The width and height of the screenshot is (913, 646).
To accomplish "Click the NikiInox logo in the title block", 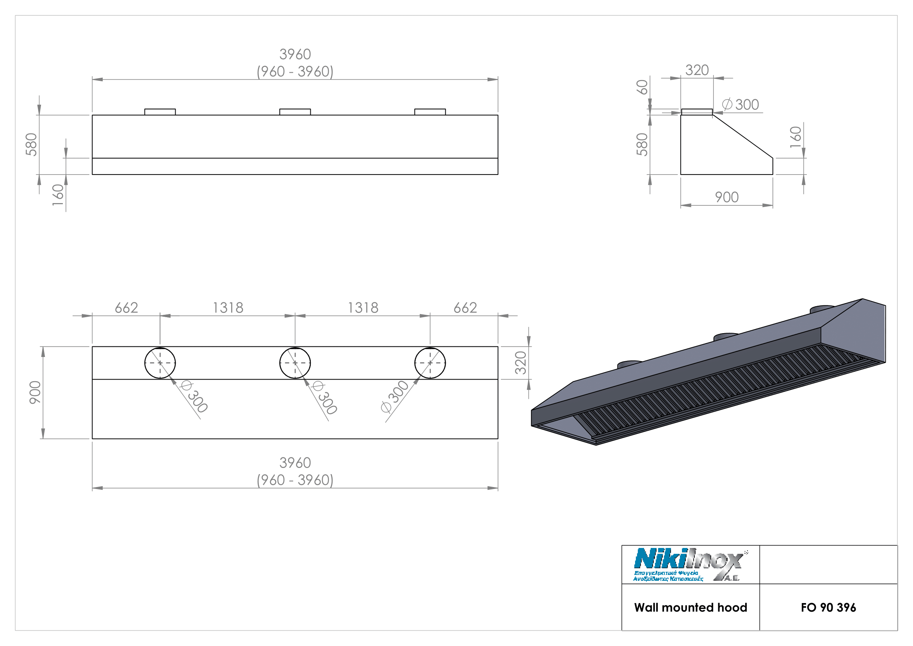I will (690, 564).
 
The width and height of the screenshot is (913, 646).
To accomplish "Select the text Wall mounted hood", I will (691, 607).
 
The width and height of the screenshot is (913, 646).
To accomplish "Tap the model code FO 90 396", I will (828, 607).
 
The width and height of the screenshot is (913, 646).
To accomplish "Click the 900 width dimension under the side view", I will (726, 197).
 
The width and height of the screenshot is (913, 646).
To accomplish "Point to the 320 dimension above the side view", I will (697, 70).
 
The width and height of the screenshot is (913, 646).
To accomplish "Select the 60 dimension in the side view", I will (642, 87).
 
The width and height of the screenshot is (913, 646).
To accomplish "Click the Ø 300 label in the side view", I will (740, 105).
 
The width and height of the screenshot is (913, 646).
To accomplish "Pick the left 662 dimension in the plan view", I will (126, 308).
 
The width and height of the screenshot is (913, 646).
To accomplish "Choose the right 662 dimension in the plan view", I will (465, 308).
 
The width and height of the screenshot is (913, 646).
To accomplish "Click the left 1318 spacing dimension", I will (228, 308).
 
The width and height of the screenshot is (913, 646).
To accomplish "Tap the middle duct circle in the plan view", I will (295, 363).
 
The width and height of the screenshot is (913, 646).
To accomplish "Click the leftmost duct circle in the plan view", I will (160, 363).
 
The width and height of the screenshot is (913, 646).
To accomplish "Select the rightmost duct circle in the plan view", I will (430, 363).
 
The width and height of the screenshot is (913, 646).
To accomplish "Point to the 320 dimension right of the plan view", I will (521, 363).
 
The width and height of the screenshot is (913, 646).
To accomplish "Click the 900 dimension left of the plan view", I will (35, 393).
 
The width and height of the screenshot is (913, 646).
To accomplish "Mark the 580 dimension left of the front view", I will (31, 145).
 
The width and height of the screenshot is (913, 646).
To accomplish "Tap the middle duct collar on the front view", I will (295, 112).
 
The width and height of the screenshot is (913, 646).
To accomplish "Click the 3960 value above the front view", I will (295, 55).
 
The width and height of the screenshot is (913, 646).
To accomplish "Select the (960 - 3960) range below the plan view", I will (295, 480).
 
